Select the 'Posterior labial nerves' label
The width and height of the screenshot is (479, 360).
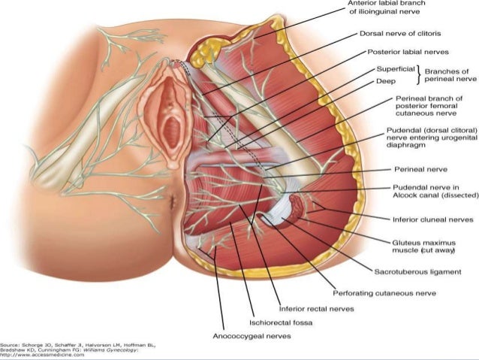click(x=408, y=53)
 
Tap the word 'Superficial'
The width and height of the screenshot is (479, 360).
click(x=395, y=69)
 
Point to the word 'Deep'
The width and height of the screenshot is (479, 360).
click(x=385, y=80)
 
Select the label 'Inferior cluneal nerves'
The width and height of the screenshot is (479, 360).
click(x=426, y=199)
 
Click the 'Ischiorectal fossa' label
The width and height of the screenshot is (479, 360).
click(x=282, y=322)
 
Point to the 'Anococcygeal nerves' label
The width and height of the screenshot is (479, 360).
click(x=250, y=336)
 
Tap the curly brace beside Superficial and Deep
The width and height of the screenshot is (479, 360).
click(x=419, y=74)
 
